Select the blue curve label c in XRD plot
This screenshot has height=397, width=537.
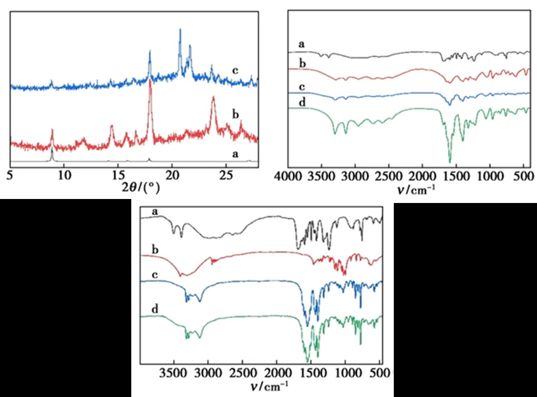(236, 70)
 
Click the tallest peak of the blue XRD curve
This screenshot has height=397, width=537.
(180, 29)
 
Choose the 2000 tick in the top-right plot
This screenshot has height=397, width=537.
(422, 177)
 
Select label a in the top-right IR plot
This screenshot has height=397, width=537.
(301, 44)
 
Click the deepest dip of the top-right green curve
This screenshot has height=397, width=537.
(450, 162)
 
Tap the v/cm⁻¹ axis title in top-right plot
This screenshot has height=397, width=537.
(410, 189)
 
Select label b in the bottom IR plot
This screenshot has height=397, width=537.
(155, 248)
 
